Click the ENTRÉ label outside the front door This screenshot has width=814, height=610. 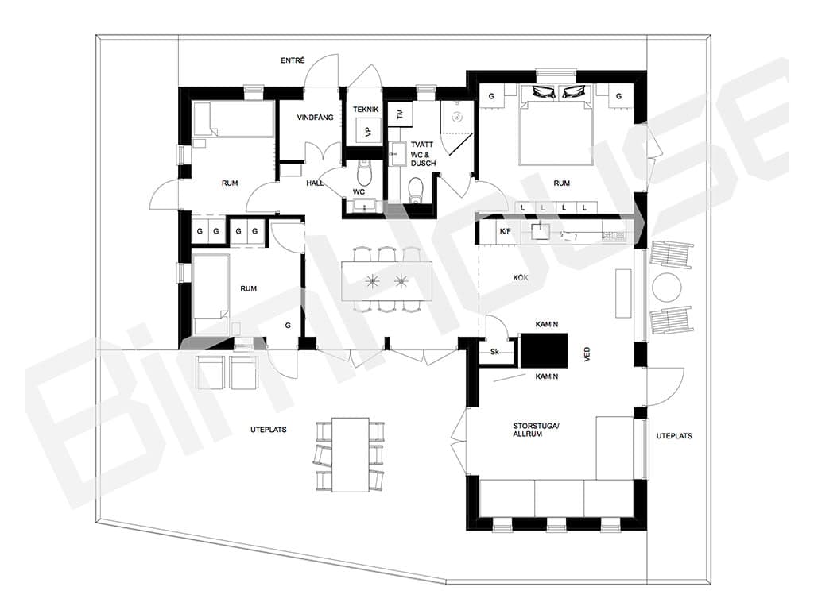pos(293,60)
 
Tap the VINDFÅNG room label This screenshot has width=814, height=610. pos(315,118)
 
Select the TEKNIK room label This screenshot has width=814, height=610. pos(366,110)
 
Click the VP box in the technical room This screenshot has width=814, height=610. pos(369,131)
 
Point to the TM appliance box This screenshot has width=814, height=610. pos(401,114)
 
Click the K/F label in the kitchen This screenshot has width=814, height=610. pos(505,231)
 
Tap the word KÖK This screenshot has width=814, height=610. pos(521,278)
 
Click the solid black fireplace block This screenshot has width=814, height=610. pos(544,350)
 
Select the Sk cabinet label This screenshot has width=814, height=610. pos(494,352)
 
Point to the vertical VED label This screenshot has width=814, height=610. pos(587,354)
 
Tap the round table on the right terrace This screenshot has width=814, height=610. pos(667,287)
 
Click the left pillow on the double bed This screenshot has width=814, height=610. pos(544,92)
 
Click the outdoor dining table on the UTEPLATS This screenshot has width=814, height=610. pos(351,454)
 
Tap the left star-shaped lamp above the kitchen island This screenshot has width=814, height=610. pos(372,281)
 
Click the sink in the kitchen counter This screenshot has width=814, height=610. pos(540,230)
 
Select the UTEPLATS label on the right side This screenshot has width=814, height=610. pos(674,436)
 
